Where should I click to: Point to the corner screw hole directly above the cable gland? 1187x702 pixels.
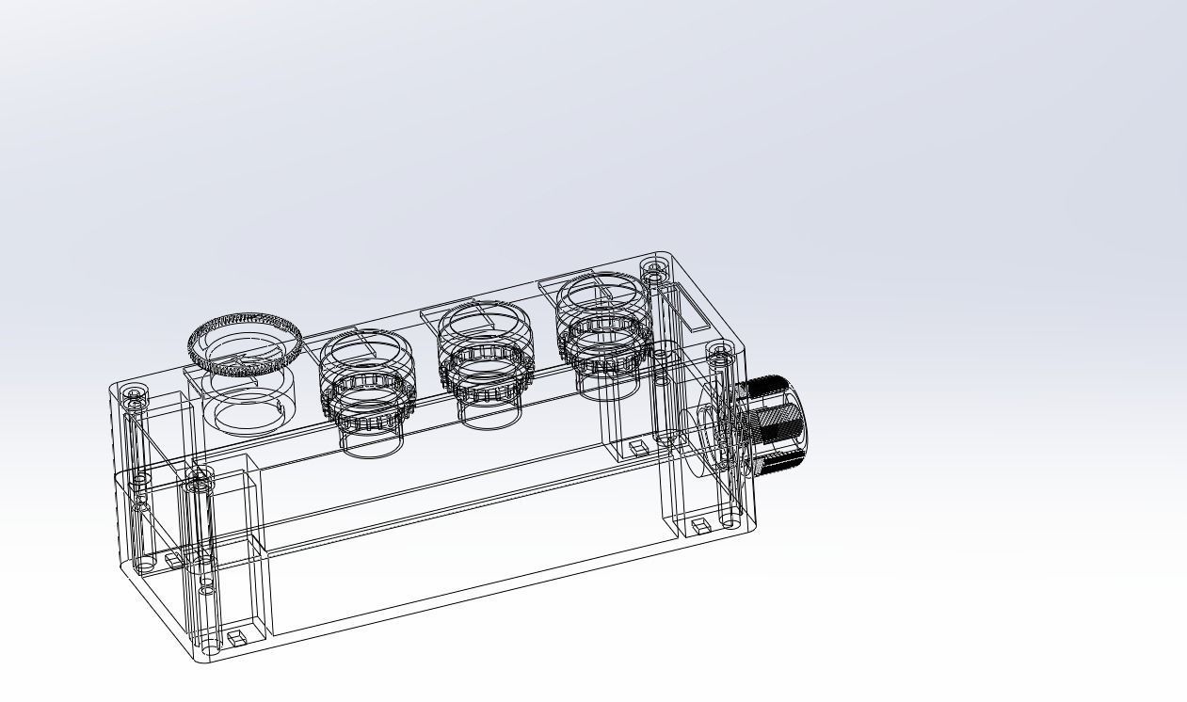pos(720,355)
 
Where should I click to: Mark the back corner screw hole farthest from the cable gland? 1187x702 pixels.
pos(132,392)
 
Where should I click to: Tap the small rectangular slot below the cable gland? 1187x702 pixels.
pos(700,524)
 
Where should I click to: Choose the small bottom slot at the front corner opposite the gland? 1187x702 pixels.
pos(236,638)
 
